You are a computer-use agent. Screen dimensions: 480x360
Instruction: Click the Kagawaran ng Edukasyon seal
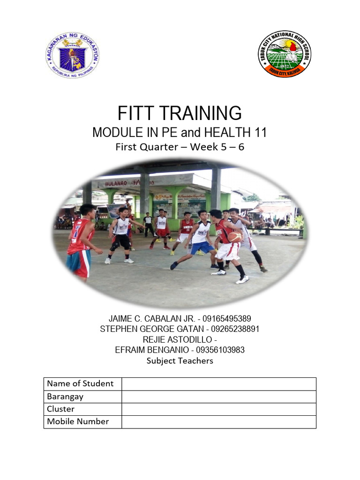tap(72, 55)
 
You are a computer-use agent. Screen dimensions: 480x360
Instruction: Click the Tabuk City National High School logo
tap(284, 54)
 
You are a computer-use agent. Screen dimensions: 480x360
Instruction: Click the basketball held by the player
tap(235, 237)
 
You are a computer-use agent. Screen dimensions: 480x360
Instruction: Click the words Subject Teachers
tap(180, 360)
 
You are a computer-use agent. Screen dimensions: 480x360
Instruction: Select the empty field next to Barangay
tap(218, 397)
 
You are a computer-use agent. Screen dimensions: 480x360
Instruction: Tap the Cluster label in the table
tap(61, 409)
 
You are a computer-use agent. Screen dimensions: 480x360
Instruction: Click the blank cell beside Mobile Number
tap(218, 421)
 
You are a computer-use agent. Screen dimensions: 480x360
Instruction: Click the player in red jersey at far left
tap(80, 241)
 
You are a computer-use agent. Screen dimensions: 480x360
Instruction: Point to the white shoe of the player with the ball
tap(242, 279)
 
